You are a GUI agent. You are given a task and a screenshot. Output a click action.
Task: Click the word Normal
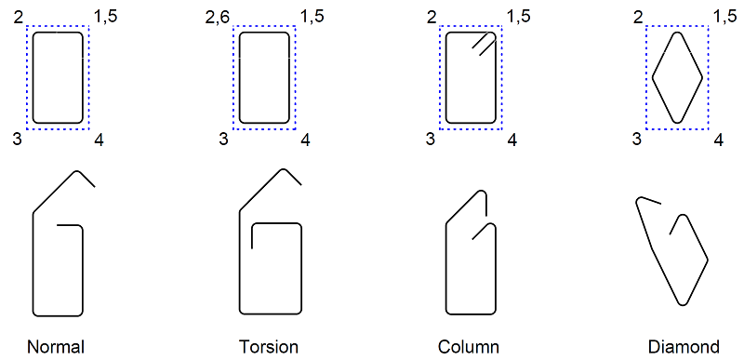pyautogui.click(x=56, y=347)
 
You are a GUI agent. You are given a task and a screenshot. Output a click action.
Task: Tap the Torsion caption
pyautogui.click(x=268, y=347)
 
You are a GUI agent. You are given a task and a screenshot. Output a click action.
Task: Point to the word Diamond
pyautogui.click(x=684, y=347)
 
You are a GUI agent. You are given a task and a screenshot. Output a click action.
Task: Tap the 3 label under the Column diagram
pyautogui.click(x=430, y=140)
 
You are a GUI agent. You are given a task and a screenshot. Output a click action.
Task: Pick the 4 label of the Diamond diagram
pyautogui.click(x=717, y=140)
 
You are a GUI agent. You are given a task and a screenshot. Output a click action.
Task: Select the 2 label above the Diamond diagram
pyautogui.click(x=638, y=17)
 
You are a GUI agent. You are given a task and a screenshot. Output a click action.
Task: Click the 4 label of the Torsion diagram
pyautogui.click(x=305, y=140)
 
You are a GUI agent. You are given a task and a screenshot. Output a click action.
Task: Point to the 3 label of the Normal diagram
pyautogui.click(x=18, y=140)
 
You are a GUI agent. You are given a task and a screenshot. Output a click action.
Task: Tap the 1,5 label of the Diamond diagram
pyautogui.click(x=724, y=16)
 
